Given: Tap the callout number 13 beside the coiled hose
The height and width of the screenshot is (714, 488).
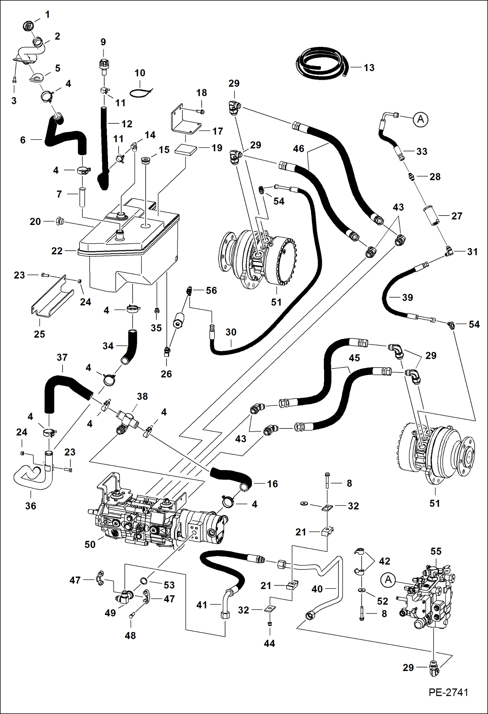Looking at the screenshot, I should [369, 68].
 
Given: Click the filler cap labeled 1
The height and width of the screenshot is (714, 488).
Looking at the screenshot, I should [28, 25].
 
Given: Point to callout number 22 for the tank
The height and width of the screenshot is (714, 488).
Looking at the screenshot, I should [57, 251].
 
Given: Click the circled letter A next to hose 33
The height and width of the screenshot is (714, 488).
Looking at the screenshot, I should [421, 119].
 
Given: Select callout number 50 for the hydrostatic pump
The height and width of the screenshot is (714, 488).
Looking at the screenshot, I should [90, 544].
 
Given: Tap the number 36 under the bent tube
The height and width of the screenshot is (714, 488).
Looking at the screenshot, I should [31, 506].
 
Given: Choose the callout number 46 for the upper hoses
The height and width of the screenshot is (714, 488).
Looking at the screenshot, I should [298, 148].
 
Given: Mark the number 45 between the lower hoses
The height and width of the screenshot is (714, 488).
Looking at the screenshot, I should [354, 358].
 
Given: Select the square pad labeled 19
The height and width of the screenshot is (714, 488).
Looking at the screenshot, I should [186, 150].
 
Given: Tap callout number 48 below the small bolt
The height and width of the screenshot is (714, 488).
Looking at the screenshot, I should [130, 635].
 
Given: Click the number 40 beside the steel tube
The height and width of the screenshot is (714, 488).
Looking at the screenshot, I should [317, 589].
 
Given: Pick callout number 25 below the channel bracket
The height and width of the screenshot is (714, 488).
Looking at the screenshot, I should [39, 334].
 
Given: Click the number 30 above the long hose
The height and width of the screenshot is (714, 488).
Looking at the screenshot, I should [231, 332].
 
